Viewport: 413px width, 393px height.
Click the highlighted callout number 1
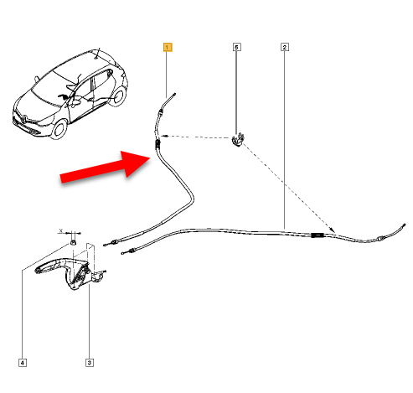168,47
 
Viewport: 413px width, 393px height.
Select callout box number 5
236,47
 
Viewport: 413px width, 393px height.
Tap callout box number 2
285,47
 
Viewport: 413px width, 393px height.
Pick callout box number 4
23,363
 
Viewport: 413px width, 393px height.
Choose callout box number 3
90,363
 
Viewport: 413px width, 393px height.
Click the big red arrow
106,167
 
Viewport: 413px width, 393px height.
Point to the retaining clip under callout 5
238,140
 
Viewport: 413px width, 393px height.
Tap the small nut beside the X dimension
73,242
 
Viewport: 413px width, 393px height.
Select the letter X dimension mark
61,231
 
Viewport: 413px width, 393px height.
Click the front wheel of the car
60,128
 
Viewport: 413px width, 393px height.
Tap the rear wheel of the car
119,96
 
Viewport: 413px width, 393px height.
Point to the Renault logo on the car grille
23,119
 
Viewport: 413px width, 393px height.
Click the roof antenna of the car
97,54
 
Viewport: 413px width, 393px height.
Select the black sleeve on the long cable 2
317,235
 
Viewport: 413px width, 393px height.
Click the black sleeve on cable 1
157,144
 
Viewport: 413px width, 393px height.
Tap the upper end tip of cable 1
175,94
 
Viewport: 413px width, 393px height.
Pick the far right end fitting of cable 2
404,225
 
